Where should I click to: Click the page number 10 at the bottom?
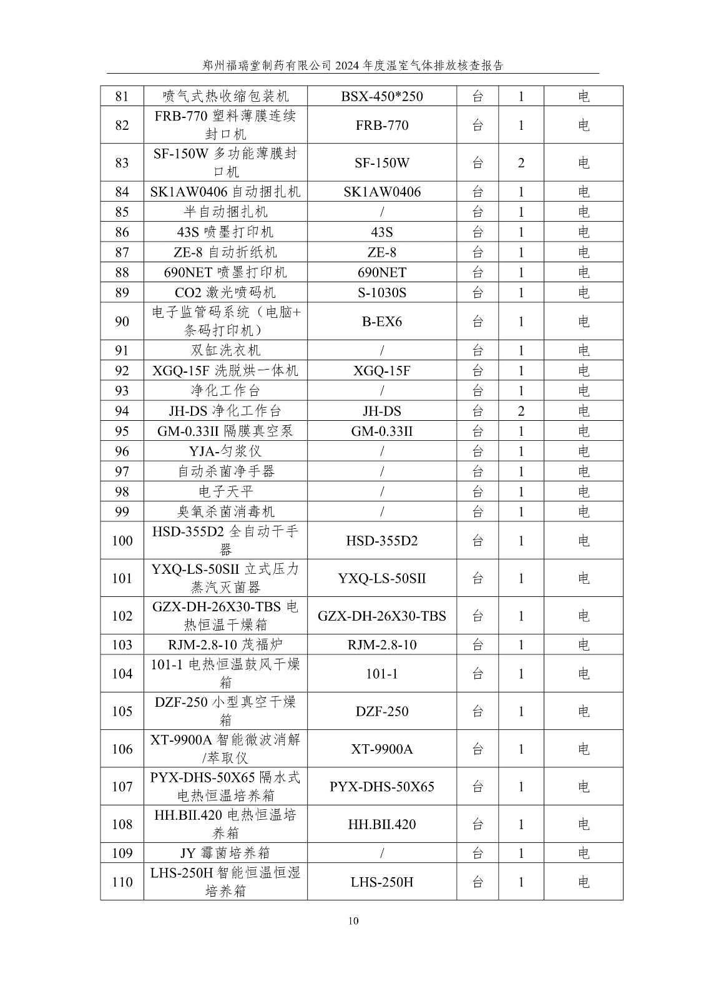353,921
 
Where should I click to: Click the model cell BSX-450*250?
381,96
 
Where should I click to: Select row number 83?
122,163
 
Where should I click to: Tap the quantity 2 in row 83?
521,163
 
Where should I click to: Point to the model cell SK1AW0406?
381,192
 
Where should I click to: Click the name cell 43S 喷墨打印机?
225,232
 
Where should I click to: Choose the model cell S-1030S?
381,293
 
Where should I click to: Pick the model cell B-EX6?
381,322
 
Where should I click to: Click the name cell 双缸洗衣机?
225,350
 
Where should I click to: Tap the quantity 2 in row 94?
521,411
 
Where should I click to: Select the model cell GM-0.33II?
381,431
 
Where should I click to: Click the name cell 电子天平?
225,491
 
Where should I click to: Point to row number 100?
122,541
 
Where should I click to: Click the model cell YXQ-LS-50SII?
381,578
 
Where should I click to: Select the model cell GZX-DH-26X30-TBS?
381,616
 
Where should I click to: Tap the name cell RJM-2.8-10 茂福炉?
225,645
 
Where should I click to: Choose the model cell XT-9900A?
381,749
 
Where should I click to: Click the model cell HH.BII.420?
381,824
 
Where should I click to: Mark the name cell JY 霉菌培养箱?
225,853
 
